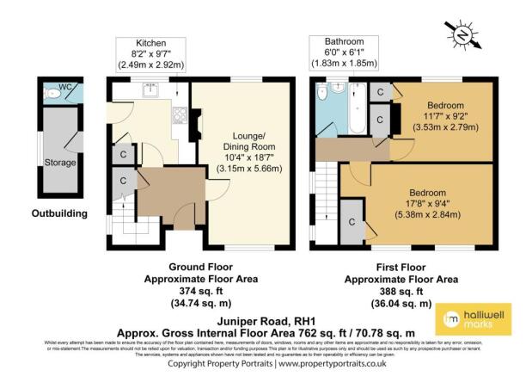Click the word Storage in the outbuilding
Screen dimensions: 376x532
pyautogui.click(x=59, y=162)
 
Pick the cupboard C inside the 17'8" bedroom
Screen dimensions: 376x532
pyautogui.click(x=352, y=221)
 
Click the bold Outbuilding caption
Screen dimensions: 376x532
pyautogui.click(x=59, y=213)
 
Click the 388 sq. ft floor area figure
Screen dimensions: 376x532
pyautogui.click(x=401, y=292)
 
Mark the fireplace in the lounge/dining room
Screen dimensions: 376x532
pyautogui.click(x=197, y=128)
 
